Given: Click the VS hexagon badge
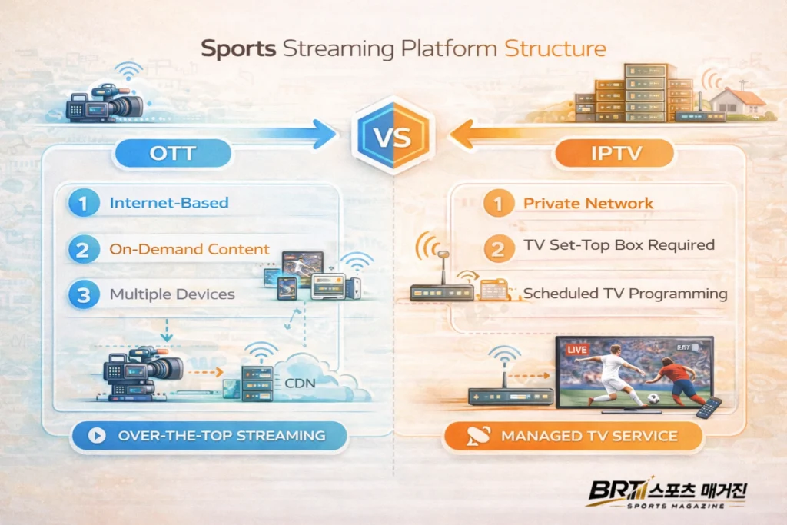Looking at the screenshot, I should (393, 138).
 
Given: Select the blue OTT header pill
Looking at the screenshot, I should (173, 153).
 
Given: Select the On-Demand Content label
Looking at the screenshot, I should (189, 249).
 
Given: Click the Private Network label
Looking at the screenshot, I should (588, 204).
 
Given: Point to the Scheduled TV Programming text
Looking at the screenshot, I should (625, 294).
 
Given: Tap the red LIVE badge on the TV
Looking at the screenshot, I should (575, 350).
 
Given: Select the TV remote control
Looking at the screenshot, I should (708, 408).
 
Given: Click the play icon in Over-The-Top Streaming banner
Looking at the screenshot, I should (97, 436).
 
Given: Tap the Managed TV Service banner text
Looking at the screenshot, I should (589, 436).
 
